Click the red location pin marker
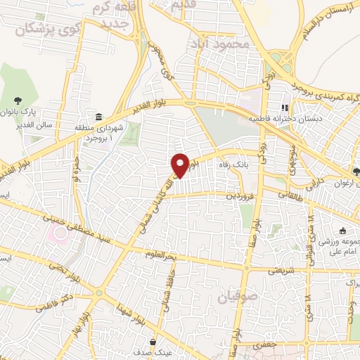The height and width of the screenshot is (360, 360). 181,165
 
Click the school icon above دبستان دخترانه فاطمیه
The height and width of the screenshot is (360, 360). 285,108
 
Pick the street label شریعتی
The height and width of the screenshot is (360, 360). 271,270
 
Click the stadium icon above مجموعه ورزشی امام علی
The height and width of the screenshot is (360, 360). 342,231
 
